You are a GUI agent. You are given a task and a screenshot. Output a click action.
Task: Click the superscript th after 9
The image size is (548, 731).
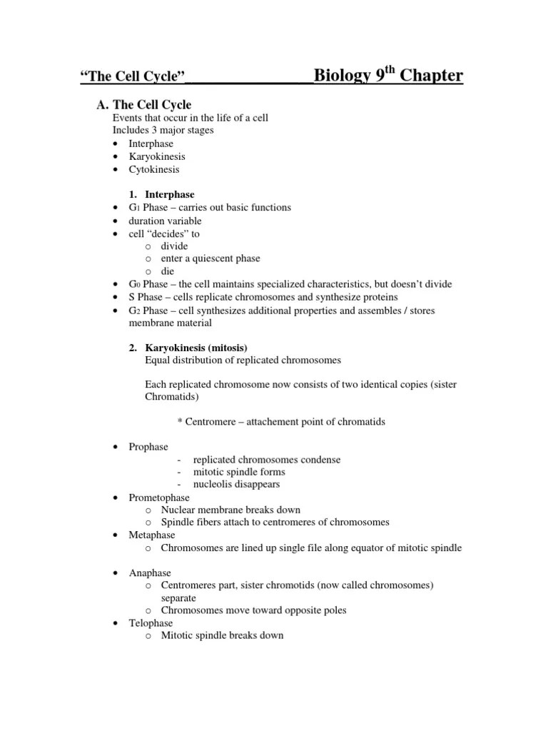click(x=390, y=70)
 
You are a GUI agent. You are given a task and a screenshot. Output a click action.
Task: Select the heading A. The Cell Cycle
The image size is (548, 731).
click(x=144, y=105)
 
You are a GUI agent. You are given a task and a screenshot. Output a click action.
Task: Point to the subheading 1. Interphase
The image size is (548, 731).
click(x=162, y=194)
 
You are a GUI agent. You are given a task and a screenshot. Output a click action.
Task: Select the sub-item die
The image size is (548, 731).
click(x=167, y=271)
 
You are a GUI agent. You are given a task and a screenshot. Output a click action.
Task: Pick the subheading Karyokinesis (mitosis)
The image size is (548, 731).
click(x=196, y=348)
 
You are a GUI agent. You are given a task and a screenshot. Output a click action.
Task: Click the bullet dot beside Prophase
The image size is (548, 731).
click(x=116, y=448)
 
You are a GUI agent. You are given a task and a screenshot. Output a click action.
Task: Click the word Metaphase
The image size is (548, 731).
click(x=152, y=535)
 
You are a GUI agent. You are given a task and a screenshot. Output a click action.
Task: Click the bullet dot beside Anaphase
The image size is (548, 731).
click(x=116, y=573)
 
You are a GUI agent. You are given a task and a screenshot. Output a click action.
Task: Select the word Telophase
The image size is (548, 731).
click(x=151, y=623)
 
